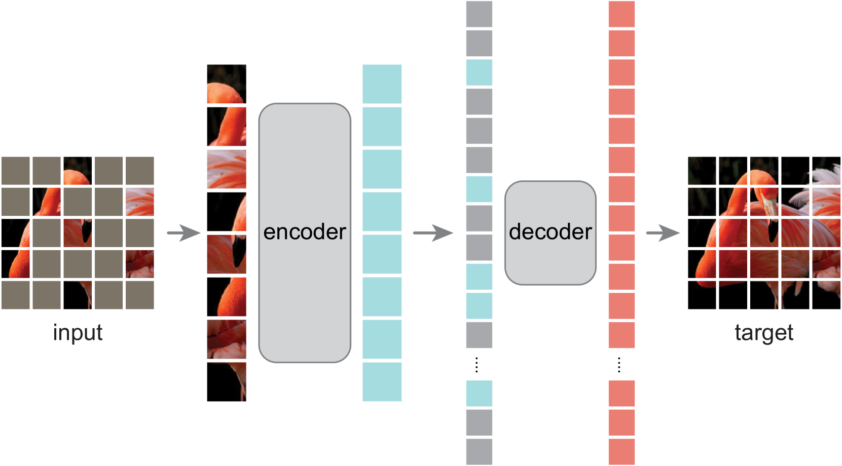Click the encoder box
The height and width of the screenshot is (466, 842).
(305, 232)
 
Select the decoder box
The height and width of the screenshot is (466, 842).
(550, 232)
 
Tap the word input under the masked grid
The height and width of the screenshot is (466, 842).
(78, 333)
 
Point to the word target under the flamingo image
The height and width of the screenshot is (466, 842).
(764, 333)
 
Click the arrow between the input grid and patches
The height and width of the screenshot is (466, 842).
(184, 233)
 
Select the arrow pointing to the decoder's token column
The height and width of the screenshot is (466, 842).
(432, 233)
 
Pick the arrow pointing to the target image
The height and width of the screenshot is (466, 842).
(663, 233)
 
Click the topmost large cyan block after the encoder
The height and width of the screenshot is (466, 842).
(382, 84)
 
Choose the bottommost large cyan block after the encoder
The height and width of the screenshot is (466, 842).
(382, 381)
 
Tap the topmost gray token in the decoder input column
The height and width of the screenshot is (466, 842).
(479, 14)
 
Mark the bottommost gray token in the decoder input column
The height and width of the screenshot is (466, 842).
(479, 451)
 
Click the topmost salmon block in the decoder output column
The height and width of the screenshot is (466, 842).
(621, 14)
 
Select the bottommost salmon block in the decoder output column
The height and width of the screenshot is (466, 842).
(621, 451)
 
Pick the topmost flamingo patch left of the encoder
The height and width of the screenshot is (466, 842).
(226, 84)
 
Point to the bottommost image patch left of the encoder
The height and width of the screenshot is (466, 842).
(226, 381)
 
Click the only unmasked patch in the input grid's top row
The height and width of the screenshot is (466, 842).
(78, 171)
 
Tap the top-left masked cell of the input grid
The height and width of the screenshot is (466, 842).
(16, 171)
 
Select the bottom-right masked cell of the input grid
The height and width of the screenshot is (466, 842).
(140, 295)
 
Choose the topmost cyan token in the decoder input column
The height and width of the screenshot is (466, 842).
(479, 72)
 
